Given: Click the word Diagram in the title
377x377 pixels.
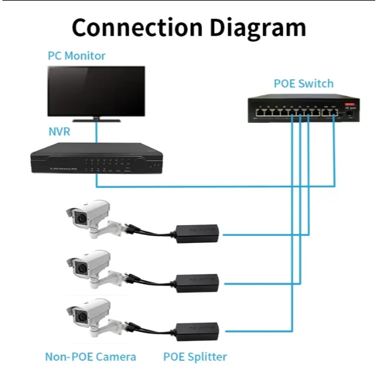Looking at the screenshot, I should pos(257,27).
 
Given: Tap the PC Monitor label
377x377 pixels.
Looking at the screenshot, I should pos(76,56).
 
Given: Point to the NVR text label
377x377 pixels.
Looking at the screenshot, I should pos(59,132).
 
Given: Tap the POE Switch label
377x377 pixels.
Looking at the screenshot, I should pos(303,84).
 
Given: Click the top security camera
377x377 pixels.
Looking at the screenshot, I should pos(89,216).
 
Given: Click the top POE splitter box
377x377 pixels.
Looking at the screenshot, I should pos(197,233).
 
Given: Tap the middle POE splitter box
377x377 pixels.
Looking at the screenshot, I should pos(197,282).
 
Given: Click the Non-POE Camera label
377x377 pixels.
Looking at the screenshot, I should pos(91,357).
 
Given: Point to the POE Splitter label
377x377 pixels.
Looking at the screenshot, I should pos(195,357).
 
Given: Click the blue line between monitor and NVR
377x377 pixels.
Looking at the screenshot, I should pos(96,133).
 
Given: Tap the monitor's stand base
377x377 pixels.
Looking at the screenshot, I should pos(96,121).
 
